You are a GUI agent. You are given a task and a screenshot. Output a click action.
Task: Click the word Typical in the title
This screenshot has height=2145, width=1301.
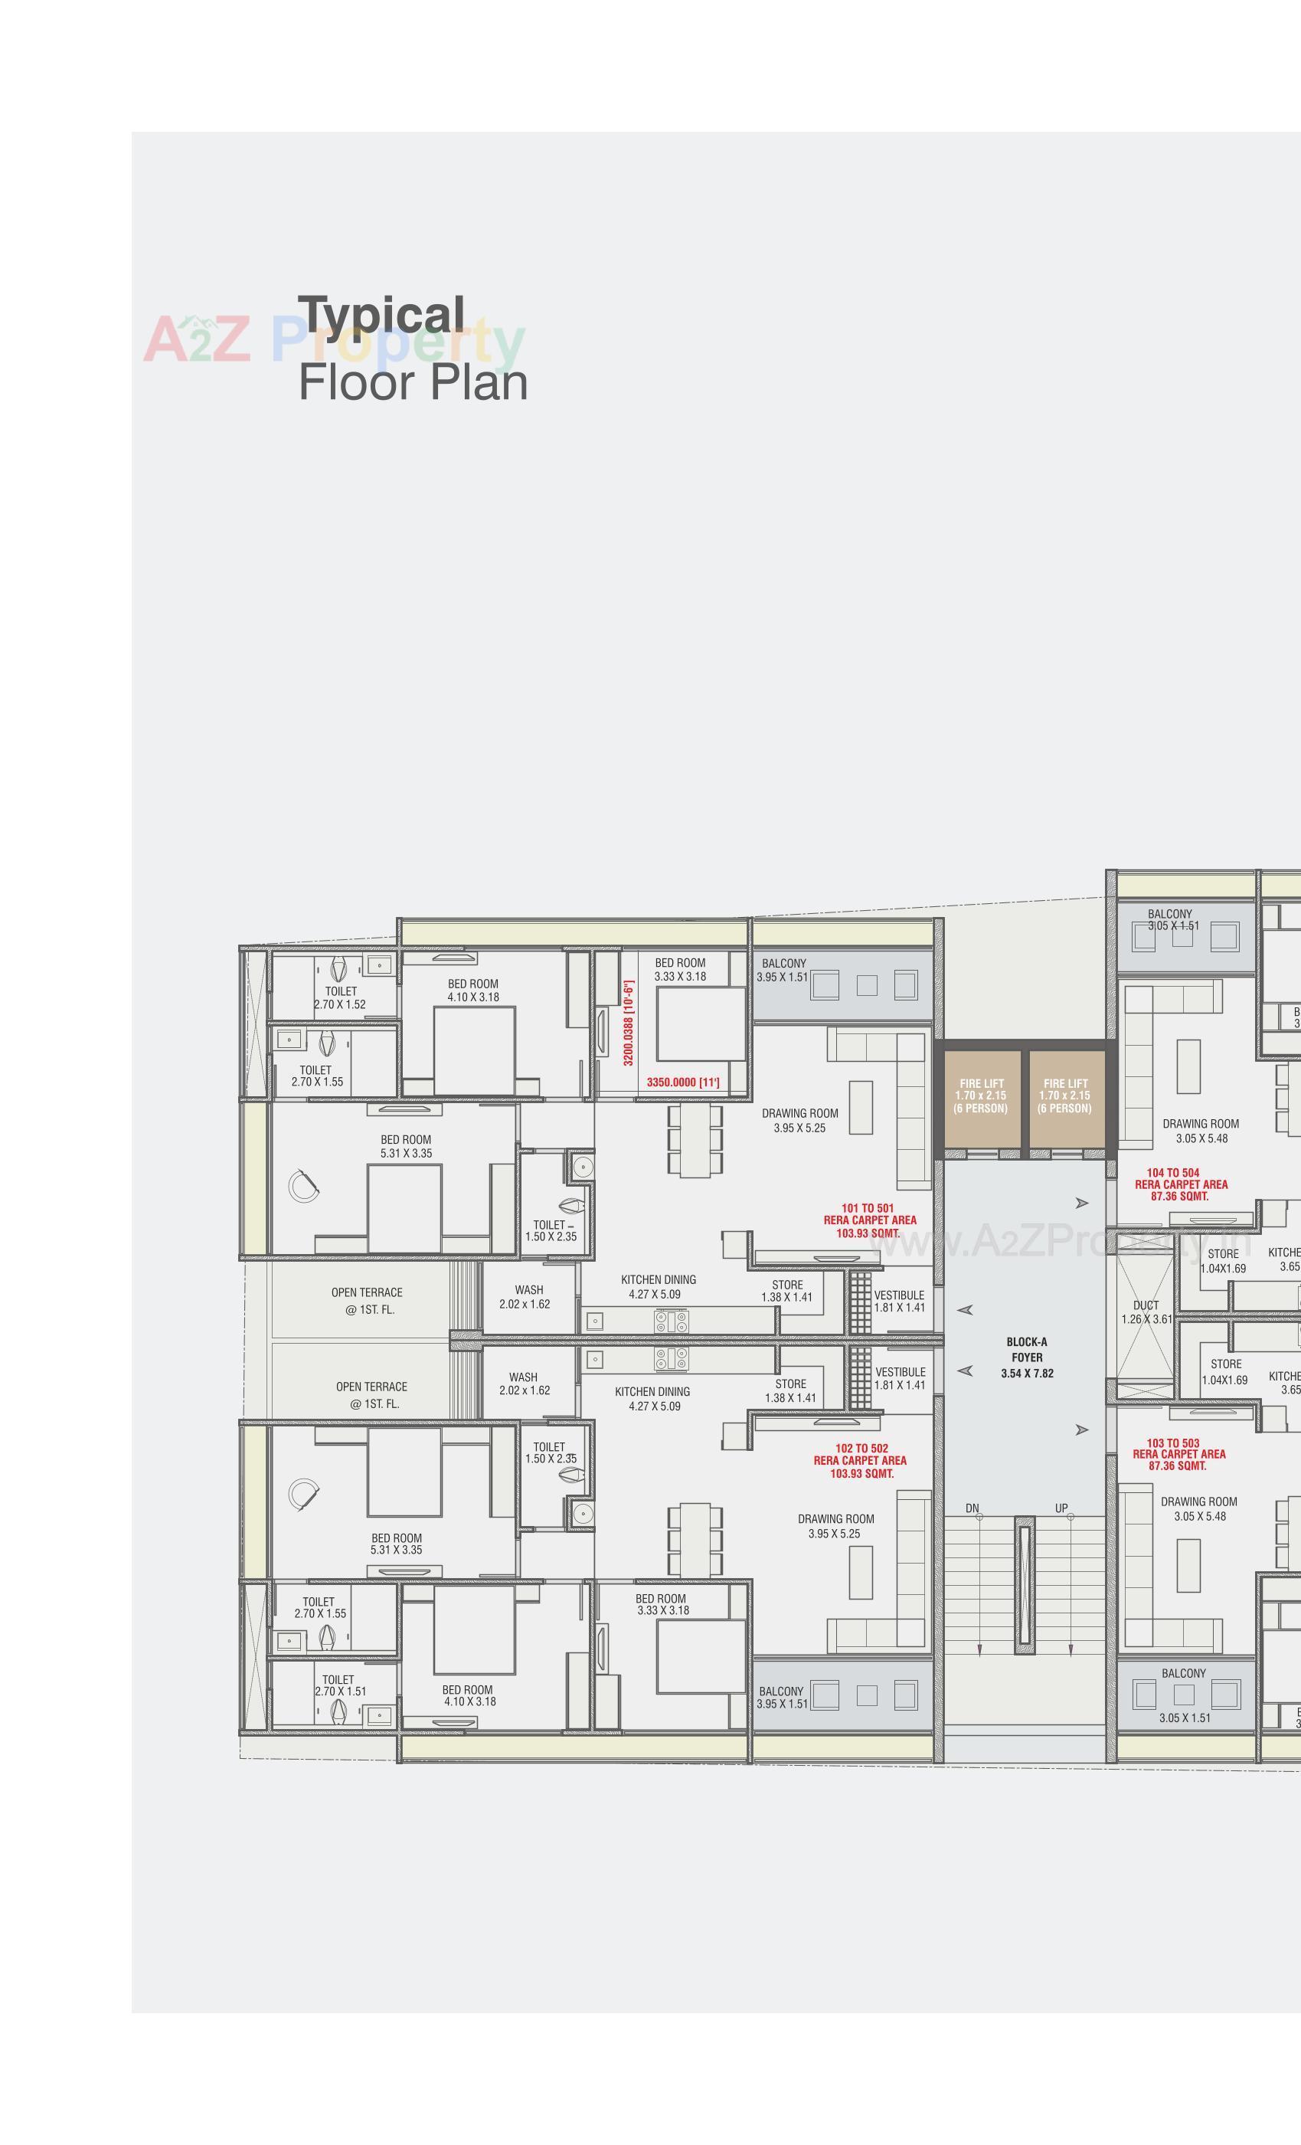(x=381, y=316)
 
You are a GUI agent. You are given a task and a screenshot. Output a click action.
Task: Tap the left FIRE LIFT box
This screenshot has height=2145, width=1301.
(x=981, y=1096)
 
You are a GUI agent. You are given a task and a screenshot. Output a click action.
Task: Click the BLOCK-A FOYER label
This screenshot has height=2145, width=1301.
(x=1027, y=1357)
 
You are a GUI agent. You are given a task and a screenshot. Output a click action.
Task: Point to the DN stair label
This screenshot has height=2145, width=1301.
(x=972, y=1508)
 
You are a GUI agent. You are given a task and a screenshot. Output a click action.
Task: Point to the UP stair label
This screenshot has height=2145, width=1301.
(x=1061, y=1508)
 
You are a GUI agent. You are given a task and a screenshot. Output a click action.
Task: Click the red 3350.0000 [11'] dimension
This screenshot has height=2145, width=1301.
(x=683, y=1082)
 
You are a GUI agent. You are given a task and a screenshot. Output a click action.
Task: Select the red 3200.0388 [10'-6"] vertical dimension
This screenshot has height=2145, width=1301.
(x=629, y=1023)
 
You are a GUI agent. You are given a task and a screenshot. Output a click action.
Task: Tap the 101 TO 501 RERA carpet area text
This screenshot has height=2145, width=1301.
(x=869, y=1220)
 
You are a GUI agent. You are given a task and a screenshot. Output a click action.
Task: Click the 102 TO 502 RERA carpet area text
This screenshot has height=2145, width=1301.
(x=860, y=1461)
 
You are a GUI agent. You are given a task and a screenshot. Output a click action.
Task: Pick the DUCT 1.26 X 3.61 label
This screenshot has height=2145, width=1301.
(x=1146, y=1312)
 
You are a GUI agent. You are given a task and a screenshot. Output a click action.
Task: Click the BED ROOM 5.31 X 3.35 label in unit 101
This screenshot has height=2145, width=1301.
(x=406, y=1145)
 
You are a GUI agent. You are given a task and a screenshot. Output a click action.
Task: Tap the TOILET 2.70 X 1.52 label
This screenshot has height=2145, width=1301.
(x=340, y=997)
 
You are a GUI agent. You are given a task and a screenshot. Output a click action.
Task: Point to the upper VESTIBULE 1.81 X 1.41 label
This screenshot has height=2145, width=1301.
(x=900, y=1301)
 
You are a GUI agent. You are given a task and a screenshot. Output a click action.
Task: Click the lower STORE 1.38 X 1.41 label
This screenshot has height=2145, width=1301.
(x=790, y=1390)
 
